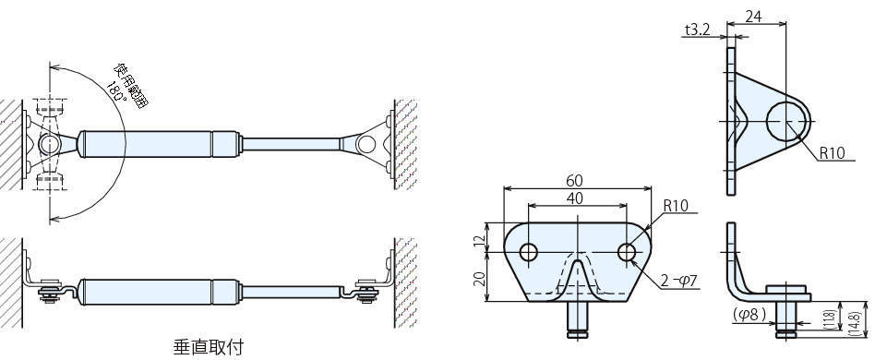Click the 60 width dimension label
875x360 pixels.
[x=578, y=180]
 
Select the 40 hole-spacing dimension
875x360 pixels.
[x=578, y=198]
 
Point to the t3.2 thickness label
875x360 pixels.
[x=697, y=30]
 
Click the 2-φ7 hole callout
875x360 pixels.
[x=679, y=282]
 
